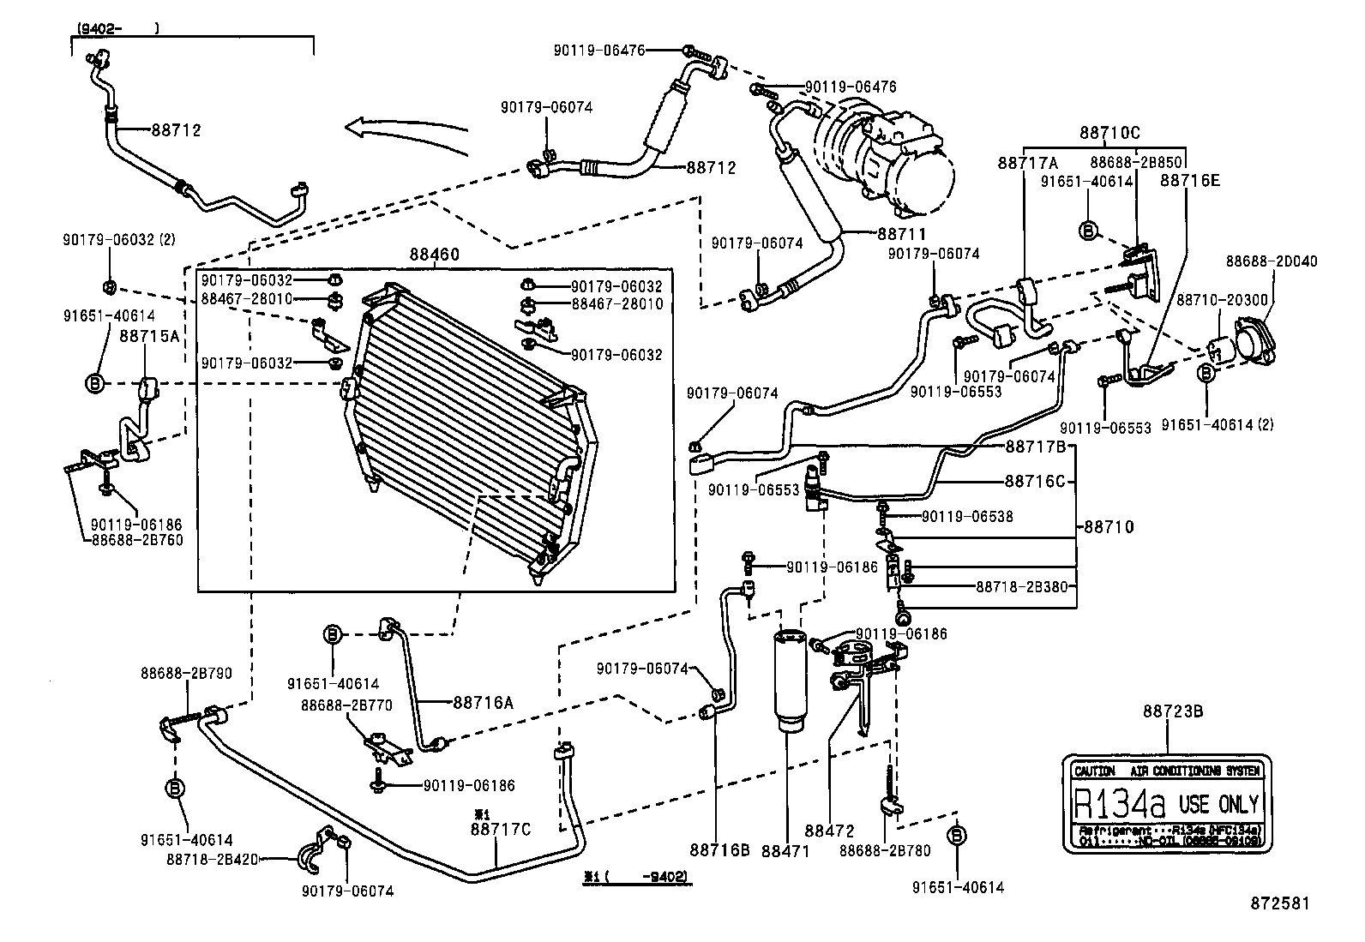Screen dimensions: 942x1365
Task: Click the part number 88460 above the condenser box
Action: [434, 255]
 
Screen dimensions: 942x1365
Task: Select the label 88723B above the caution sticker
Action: [1172, 711]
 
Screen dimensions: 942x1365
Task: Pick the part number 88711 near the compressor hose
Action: [900, 233]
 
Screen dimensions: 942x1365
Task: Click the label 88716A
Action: [483, 703]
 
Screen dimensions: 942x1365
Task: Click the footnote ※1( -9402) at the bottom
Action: [635, 877]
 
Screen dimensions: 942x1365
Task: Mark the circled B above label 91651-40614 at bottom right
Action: [958, 836]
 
